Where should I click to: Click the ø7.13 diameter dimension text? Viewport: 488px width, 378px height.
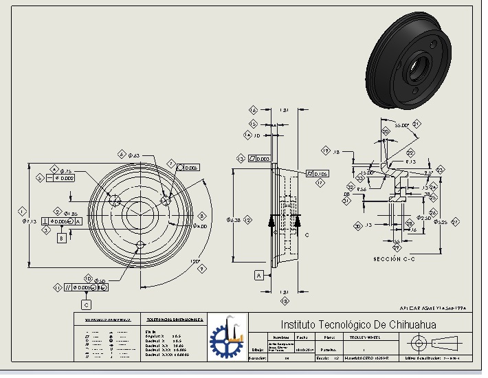click(28, 221)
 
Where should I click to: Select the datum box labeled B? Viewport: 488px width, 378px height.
click(61, 238)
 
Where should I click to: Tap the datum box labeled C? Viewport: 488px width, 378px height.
click(86, 304)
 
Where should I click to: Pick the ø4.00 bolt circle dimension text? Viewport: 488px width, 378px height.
click(200, 225)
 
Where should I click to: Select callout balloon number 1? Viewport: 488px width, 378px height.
click(23, 211)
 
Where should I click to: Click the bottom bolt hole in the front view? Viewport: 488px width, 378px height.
click(140, 244)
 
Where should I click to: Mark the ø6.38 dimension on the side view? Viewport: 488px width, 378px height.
click(234, 220)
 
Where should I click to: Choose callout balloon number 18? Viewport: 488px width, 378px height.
click(285, 300)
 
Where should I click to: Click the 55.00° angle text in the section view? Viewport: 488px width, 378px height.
click(402, 126)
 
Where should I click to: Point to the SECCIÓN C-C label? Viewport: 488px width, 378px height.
click(396, 258)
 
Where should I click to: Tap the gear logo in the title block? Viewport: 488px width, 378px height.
click(226, 336)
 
